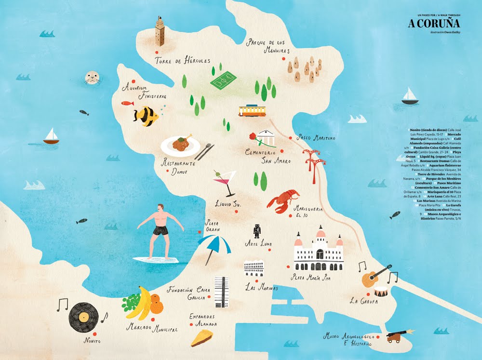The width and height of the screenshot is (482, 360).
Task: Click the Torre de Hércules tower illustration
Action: pos(160,31)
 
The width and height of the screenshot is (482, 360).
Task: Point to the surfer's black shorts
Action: pos(161,230)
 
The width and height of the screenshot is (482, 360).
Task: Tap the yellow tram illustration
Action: pos(252,111)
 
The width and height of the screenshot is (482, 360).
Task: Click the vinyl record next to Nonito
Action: pos(83,317)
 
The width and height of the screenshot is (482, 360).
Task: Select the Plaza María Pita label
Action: pos(313,277)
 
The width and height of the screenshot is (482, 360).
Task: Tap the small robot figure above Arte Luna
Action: pos(257,231)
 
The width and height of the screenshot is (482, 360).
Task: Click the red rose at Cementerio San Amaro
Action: pos(253,137)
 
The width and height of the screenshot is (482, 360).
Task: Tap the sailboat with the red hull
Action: pos(51,137)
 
